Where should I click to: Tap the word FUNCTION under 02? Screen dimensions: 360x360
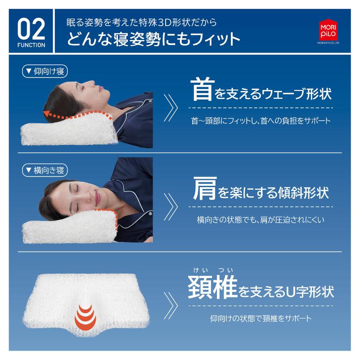coord(31,45)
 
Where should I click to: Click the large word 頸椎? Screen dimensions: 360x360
coord(212,288)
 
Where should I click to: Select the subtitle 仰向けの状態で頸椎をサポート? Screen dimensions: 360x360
coord(261,318)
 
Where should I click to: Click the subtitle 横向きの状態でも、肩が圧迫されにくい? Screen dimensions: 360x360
coord(261,220)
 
